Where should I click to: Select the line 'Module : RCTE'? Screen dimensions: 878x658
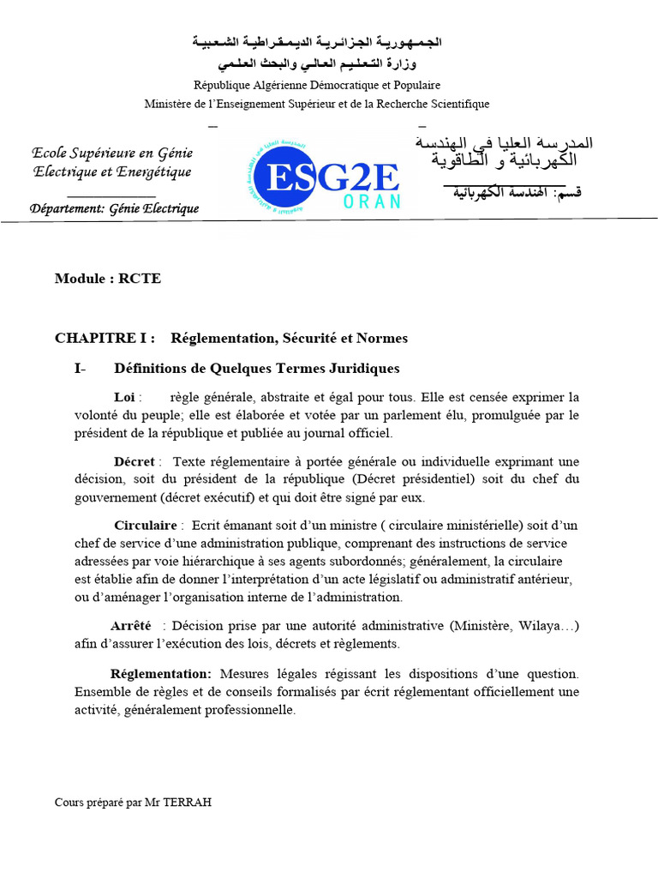108,279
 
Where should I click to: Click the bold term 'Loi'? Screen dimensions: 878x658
124,397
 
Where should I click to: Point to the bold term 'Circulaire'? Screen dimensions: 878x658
145,525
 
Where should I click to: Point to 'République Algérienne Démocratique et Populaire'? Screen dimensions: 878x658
317,85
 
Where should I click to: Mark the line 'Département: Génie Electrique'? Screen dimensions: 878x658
114,208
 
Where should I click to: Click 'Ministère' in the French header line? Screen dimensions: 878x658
169,104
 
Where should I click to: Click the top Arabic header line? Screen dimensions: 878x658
317,41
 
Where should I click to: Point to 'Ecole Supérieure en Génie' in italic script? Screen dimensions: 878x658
112,153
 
